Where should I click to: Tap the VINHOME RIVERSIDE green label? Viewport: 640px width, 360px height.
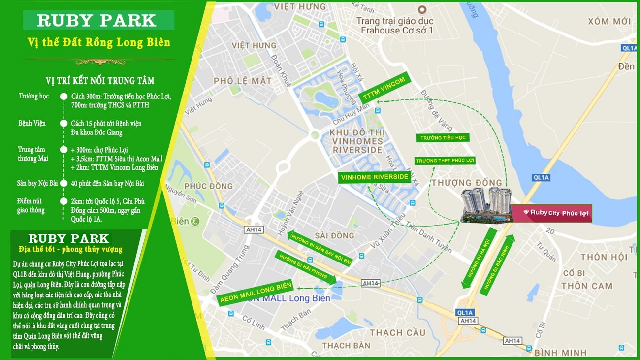point(375,177)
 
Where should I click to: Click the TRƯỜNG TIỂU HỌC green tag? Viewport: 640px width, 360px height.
point(442,138)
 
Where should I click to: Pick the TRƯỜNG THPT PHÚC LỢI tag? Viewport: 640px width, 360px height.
point(445,161)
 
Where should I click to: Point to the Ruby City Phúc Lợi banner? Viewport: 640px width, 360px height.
point(551,213)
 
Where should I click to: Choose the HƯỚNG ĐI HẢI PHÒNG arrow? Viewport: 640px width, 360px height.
point(306,269)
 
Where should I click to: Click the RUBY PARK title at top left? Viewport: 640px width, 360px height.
point(98,21)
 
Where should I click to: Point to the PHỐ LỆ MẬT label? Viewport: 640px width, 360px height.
point(242,80)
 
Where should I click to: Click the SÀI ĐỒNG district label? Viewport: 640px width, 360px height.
point(334,235)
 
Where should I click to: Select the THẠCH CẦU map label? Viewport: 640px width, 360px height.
point(397,332)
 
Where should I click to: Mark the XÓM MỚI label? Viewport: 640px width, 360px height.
point(609,21)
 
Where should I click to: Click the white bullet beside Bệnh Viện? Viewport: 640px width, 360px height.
point(64,123)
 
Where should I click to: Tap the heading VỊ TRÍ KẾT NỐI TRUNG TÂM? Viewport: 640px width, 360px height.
point(100,81)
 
